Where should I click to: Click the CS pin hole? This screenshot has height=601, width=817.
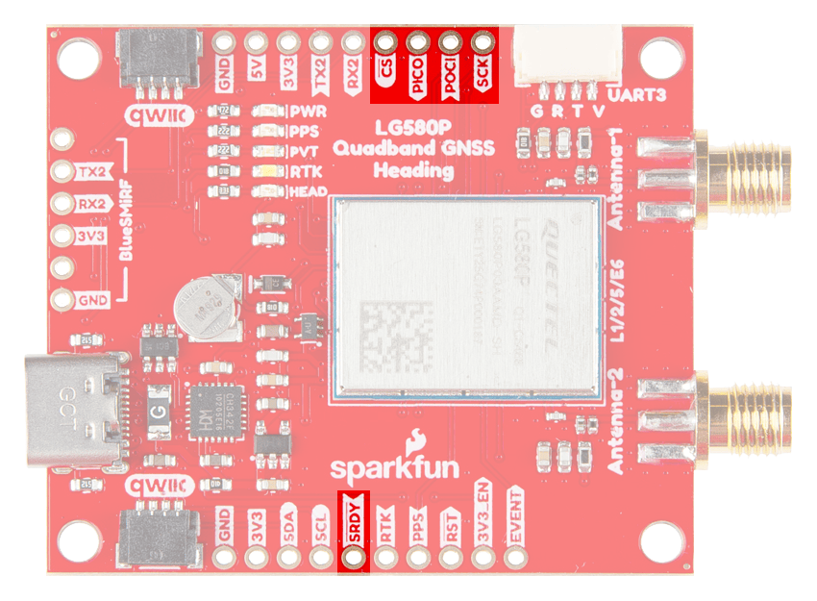coord(385,43)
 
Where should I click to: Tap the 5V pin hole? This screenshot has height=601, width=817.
coord(257,43)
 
